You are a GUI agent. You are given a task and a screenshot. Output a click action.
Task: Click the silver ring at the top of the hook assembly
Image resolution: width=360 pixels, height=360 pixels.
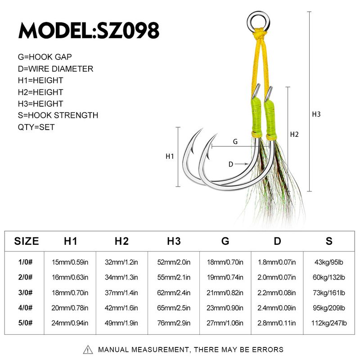tap(258, 22)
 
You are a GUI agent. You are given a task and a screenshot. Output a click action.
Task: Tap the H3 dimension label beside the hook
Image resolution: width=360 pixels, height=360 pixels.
tap(316, 114)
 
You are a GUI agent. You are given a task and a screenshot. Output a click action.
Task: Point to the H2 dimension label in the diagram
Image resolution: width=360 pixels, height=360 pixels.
tap(294, 134)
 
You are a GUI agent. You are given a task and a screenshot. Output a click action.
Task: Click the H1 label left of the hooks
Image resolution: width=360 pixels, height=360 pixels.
tap(170, 156)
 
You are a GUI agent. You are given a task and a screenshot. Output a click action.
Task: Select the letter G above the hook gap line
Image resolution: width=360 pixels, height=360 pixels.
tap(235, 142)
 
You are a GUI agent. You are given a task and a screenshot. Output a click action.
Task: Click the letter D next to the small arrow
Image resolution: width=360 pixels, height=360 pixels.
tap(231, 164)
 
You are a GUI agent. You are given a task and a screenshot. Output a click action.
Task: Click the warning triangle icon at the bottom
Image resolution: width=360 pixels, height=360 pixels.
tap(88, 350)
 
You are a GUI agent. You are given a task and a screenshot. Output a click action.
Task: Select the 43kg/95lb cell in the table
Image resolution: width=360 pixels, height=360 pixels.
tap(329, 262)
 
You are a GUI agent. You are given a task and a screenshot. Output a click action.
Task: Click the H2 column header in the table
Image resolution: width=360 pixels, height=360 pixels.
tap(121, 241)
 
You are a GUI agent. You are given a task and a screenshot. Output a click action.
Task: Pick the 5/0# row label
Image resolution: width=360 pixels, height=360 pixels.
tap(25, 323)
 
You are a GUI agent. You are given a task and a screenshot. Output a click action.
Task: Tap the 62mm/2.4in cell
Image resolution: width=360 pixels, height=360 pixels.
tap(174, 293)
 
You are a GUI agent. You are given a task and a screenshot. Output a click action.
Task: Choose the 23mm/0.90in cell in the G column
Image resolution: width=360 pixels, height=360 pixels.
tap(225, 308)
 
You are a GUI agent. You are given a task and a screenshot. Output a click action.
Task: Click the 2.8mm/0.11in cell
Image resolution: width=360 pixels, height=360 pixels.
tap(277, 323)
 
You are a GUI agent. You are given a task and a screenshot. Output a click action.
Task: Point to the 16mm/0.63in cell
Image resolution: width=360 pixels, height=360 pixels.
tap(70, 277)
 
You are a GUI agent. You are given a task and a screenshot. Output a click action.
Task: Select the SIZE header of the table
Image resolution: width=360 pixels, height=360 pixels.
tap(27, 241)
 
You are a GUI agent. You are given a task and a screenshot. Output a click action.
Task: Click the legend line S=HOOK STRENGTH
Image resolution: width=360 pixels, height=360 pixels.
tap(58, 115)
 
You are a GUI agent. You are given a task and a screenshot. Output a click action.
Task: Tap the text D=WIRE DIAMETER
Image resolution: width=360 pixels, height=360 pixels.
tap(55, 69)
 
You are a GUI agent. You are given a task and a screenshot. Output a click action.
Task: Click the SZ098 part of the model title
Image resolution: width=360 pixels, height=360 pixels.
tap(128, 30)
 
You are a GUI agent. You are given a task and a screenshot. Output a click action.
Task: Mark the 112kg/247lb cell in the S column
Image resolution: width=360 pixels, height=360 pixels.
tap(329, 323)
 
